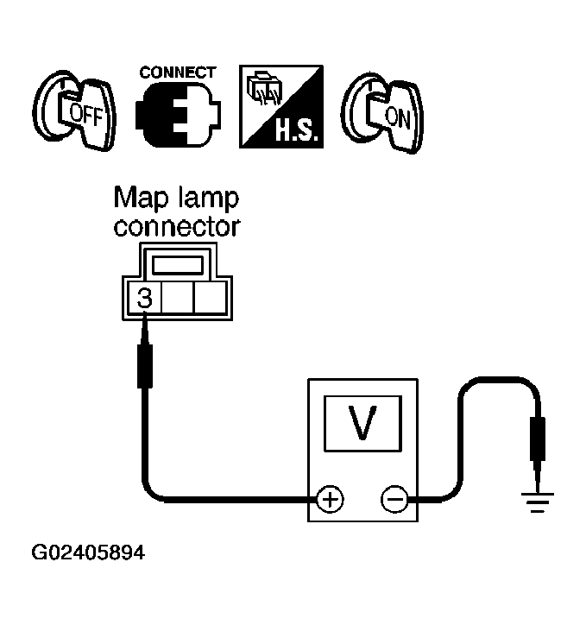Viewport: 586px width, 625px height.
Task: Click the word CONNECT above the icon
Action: pos(177,73)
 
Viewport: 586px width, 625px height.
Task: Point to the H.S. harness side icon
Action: pos(280,107)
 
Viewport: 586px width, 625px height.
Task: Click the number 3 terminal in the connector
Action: pos(145,299)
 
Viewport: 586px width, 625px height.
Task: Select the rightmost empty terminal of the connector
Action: pos(210,299)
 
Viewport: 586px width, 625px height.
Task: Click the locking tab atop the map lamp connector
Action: pos(177,263)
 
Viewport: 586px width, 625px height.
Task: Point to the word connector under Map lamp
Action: pos(177,228)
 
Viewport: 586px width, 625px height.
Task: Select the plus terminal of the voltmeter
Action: pos(331,498)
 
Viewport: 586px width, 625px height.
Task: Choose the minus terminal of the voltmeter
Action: pos(394,498)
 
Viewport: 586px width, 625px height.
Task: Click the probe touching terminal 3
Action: pos(144,363)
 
